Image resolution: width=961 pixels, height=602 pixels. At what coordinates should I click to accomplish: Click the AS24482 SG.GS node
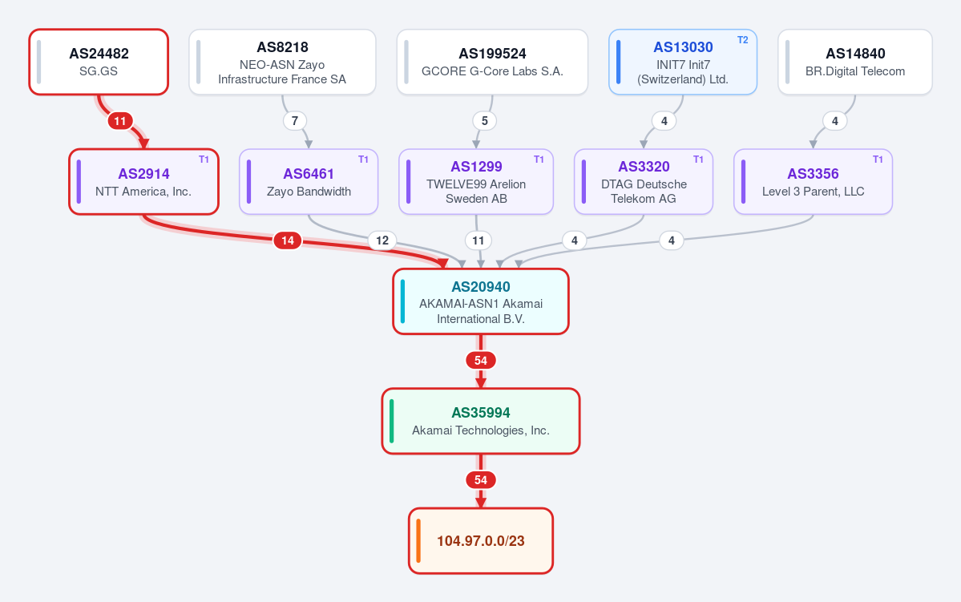coord(99,62)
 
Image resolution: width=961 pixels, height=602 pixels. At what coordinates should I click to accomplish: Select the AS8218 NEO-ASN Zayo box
coord(283,62)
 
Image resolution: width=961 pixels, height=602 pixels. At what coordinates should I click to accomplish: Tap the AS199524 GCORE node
coord(492,62)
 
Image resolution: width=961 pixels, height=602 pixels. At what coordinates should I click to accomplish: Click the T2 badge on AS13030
coord(742,40)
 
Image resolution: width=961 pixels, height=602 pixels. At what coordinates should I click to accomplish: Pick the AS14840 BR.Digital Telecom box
coord(855,62)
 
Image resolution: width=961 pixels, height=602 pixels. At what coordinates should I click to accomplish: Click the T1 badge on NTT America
coord(204,160)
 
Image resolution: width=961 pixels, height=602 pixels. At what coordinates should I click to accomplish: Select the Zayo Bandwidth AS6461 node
coord(309,181)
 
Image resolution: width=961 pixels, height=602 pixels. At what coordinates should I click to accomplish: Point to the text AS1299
coord(476,167)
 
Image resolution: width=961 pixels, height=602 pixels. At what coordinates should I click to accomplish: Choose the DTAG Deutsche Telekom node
coord(644,181)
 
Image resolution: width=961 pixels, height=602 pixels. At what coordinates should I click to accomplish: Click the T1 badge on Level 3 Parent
coord(878,160)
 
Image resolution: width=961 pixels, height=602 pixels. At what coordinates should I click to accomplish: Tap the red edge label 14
coord(288,240)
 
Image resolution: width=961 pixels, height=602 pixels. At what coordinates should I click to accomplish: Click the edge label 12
coord(382,240)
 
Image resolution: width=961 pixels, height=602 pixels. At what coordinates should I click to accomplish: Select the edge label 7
coord(295,121)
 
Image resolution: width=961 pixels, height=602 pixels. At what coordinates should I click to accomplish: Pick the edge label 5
coord(485,121)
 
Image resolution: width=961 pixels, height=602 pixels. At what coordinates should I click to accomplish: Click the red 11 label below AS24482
coord(120,121)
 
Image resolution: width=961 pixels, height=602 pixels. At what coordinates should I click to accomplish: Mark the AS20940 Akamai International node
coord(481,301)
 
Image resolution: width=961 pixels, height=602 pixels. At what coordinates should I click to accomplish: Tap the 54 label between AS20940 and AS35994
coord(481,361)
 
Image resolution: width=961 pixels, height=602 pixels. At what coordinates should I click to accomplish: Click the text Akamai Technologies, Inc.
coord(481,430)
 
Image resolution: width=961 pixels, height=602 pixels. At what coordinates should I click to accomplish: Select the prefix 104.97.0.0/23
coord(481,541)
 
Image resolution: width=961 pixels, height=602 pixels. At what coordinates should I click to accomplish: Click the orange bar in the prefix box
coord(418,541)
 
